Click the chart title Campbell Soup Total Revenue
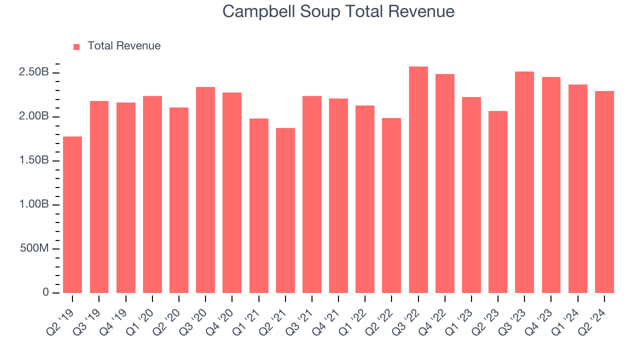(x=338, y=11)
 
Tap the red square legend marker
(x=76, y=46)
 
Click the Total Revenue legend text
(x=124, y=46)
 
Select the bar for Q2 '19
(x=72, y=215)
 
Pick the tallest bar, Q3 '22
(x=418, y=180)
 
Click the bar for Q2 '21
(x=285, y=210)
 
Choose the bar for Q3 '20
(x=205, y=190)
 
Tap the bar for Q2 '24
(x=604, y=192)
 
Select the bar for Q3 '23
(x=524, y=182)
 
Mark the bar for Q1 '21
(x=258, y=205)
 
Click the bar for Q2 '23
(x=498, y=202)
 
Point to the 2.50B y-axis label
(x=34, y=72)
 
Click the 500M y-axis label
(x=34, y=248)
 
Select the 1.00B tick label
(x=34, y=204)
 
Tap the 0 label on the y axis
(x=45, y=292)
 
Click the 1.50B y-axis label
(x=34, y=160)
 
